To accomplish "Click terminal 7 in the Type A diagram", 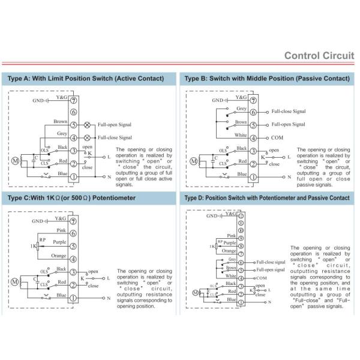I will [x=73, y=100].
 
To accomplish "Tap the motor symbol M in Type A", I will [x=16, y=160].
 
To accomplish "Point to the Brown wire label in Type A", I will [x=59, y=121].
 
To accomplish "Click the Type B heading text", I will [x=266, y=79].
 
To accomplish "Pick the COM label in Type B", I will [x=277, y=137].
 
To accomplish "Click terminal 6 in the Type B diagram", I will [x=253, y=112].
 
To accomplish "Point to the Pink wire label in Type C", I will [x=61, y=229].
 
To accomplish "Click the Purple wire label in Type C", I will [x=59, y=242].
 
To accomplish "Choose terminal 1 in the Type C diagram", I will [x=73, y=298].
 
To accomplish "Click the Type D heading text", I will [x=267, y=199].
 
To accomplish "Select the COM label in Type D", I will [x=261, y=278].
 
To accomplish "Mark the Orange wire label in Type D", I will [x=229, y=250].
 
